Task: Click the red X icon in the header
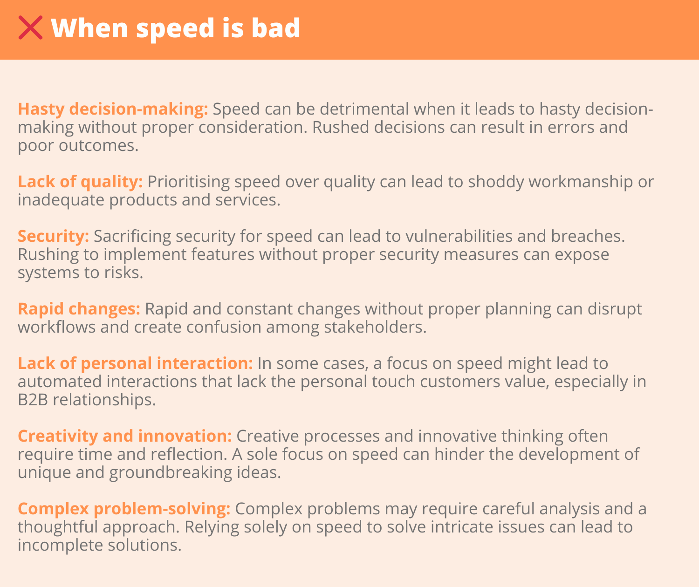(30, 27)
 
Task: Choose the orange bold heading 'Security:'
(54, 236)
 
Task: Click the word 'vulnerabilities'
(459, 236)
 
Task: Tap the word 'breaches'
(588, 236)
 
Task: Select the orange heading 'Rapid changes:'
(79, 309)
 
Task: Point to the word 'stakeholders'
(375, 327)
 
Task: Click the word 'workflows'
(56, 327)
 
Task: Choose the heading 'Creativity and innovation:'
(125, 436)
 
